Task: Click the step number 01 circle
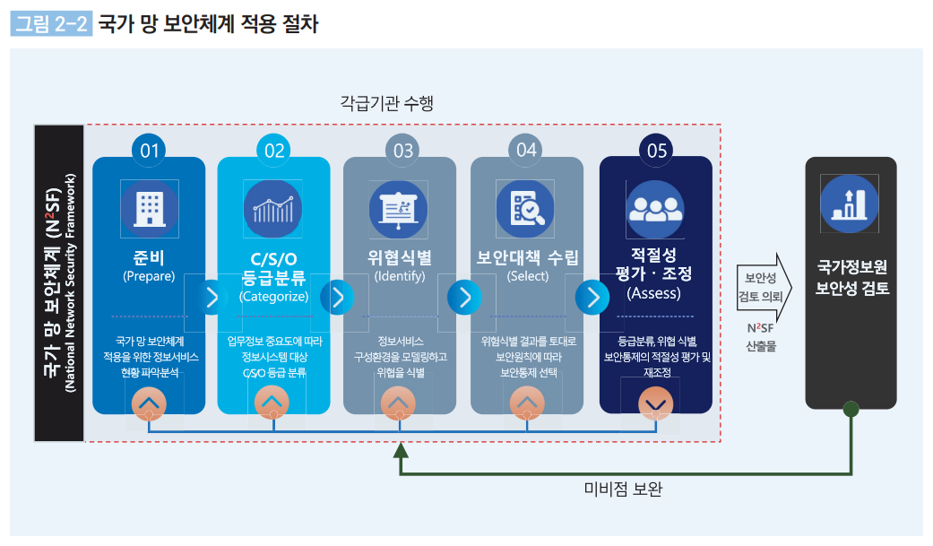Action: [x=149, y=151]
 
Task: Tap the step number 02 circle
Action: [x=274, y=151]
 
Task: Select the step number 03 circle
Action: [x=402, y=151]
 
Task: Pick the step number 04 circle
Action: [x=526, y=151]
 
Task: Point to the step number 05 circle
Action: [x=656, y=151]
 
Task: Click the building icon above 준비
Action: [x=149, y=208]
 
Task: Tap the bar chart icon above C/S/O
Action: [x=272, y=208]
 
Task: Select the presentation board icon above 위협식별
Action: [x=399, y=208]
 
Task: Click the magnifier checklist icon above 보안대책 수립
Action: [x=526, y=208]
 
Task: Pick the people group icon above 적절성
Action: [x=655, y=208]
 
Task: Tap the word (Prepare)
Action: [x=149, y=276]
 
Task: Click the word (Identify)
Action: [x=400, y=276]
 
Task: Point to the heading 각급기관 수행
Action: [x=387, y=103]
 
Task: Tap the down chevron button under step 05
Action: [x=655, y=405]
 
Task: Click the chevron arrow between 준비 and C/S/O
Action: [x=212, y=298]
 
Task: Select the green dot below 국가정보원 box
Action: [x=851, y=410]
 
